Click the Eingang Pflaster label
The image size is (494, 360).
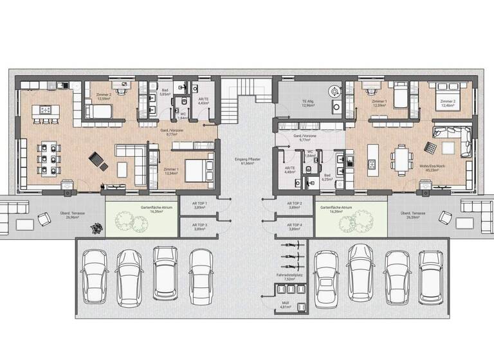(246, 162)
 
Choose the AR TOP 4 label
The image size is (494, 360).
(295, 227)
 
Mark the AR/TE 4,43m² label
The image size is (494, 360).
(203, 101)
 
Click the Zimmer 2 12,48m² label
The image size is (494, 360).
(449, 103)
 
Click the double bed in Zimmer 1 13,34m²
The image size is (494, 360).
(196, 170)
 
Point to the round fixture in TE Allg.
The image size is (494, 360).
(334, 91)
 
